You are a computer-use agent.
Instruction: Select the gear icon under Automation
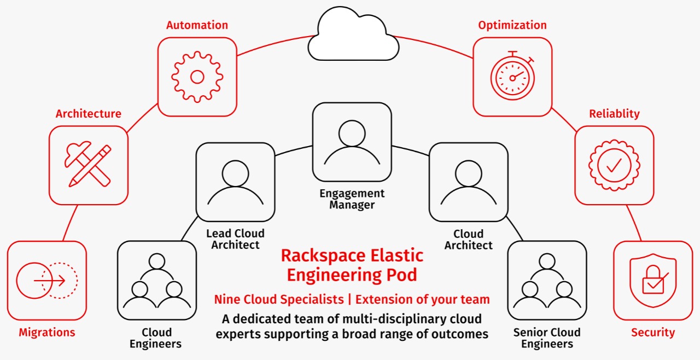click(x=197, y=77)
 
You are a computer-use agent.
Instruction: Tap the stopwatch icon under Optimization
click(x=512, y=77)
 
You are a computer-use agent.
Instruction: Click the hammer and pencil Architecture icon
click(x=88, y=165)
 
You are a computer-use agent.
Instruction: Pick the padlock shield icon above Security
click(x=652, y=281)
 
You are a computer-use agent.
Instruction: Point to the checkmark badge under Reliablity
click(x=614, y=165)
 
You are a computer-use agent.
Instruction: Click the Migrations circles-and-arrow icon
click(x=47, y=281)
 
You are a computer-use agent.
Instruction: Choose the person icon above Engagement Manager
click(x=352, y=142)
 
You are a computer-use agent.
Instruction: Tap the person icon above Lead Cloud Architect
click(x=235, y=182)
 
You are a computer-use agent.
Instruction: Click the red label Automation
click(x=197, y=25)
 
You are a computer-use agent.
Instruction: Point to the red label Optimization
click(x=512, y=25)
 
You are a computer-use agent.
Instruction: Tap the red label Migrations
click(x=47, y=333)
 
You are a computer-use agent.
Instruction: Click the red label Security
click(x=653, y=333)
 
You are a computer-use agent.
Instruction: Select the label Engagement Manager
click(x=352, y=200)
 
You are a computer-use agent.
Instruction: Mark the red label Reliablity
click(x=614, y=114)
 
